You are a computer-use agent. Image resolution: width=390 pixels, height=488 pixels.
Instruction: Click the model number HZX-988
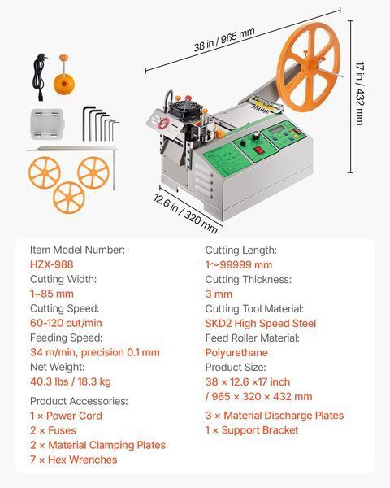click(x=52, y=264)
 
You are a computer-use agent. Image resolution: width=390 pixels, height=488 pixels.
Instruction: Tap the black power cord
click(x=40, y=77)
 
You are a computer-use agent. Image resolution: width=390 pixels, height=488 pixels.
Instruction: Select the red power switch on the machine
click(x=258, y=150)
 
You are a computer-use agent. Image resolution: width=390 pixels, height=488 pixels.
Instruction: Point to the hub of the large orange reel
click(x=313, y=67)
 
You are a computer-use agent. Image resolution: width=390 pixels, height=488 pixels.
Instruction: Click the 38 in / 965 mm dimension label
click(x=224, y=39)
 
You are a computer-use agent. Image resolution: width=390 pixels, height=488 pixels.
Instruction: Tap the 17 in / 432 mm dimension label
click(x=359, y=94)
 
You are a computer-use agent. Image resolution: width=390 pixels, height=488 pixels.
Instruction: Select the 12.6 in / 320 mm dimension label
click(x=185, y=213)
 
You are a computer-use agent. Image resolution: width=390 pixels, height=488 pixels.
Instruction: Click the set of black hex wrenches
click(x=100, y=124)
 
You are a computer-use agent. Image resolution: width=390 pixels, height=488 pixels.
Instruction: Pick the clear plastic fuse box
click(x=47, y=124)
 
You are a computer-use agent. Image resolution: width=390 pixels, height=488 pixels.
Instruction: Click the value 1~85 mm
click(x=52, y=294)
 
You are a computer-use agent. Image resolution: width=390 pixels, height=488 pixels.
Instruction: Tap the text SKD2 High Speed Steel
click(x=261, y=324)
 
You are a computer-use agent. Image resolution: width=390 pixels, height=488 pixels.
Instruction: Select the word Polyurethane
click(x=236, y=353)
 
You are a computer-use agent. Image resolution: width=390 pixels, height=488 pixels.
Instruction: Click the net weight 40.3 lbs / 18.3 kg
click(x=71, y=381)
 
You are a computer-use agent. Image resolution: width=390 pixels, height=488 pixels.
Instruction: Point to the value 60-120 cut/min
click(x=66, y=323)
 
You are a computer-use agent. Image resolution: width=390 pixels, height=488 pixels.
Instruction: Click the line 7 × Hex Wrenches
click(x=73, y=460)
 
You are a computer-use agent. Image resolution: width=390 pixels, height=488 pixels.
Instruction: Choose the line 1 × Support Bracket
click(x=252, y=430)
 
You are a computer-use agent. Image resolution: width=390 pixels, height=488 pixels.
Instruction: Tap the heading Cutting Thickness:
click(x=248, y=280)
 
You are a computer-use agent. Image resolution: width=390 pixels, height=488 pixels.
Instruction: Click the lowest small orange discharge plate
click(x=69, y=198)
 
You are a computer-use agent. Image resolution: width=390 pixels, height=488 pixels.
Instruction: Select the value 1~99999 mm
click(x=239, y=265)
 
